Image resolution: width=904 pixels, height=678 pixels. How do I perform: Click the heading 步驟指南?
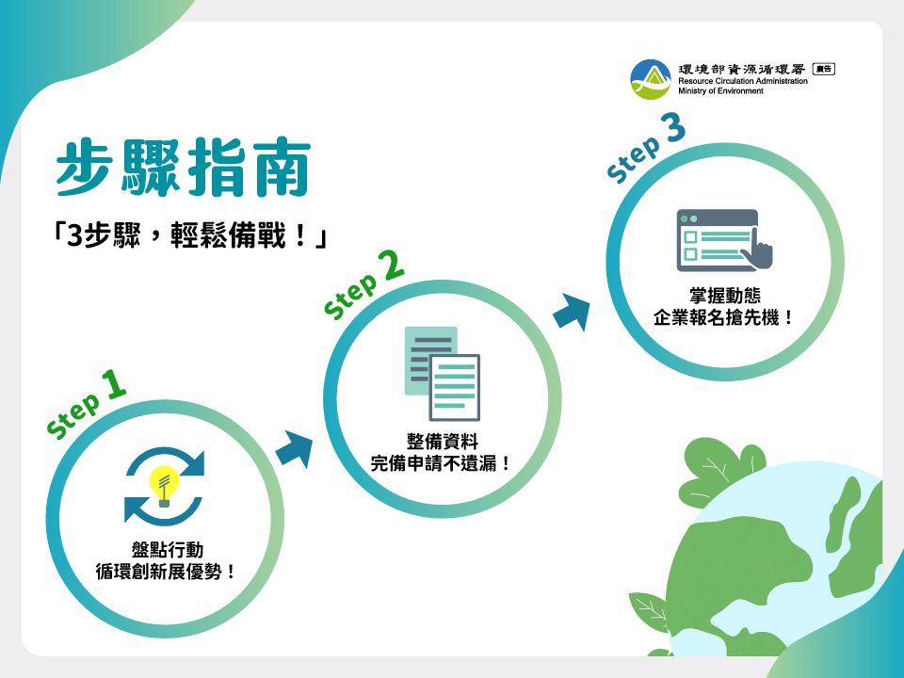[x=184, y=168]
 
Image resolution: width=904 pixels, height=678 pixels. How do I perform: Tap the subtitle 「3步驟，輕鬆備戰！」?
[x=189, y=235]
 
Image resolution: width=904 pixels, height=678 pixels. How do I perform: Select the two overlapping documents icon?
[x=443, y=374]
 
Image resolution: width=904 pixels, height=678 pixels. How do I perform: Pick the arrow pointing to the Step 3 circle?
[x=572, y=312]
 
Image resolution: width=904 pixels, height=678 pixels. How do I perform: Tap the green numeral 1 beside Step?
[x=114, y=384]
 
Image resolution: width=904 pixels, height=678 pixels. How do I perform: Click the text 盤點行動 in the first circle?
[x=168, y=550]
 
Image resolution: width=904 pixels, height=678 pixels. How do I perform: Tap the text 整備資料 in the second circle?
[x=443, y=442]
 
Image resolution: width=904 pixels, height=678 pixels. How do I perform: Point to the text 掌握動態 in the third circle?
[x=725, y=296]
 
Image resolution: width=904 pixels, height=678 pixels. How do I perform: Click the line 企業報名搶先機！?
[x=724, y=317]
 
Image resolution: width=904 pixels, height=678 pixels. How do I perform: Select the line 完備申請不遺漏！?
[x=442, y=463]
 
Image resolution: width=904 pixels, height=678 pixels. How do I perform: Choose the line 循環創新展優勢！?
[x=167, y=572]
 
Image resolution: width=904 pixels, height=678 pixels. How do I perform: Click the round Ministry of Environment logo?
[x=651, y=79]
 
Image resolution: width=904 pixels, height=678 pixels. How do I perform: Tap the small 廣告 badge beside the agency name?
[x=824, y=69]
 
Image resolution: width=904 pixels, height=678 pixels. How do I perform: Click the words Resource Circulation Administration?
[x=743, y=81]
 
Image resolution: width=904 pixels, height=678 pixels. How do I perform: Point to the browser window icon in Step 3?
[x=718, y=240]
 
